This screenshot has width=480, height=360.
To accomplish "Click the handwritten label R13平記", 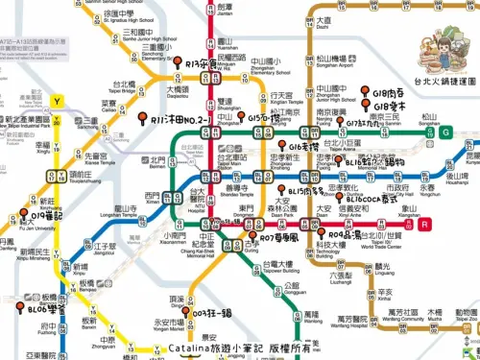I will pyautogui.click(x=201, y=65).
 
